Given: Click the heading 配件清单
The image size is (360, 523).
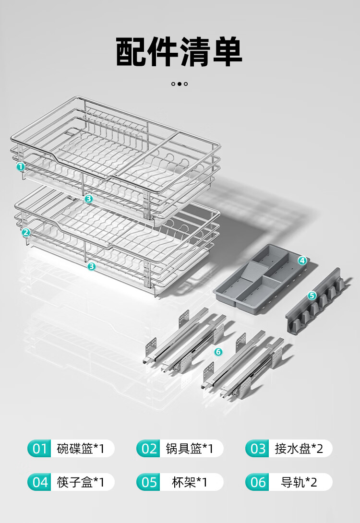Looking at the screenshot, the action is pos(179,52).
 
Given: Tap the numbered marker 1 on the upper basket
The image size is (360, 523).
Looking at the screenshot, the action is pos(21,166).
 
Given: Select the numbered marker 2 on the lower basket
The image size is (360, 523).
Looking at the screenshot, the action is pos(26,233).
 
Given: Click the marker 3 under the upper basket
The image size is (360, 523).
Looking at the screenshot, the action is pos(88,199).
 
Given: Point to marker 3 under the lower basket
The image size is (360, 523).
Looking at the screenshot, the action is pos(92,266).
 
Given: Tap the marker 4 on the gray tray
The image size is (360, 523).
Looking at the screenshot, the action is pos(302,261).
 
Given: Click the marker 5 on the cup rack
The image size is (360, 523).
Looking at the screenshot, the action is pos(312,296).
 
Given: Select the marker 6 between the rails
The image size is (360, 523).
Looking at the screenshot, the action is pos(218,352).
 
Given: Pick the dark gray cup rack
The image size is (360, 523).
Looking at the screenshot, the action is pos(315,302).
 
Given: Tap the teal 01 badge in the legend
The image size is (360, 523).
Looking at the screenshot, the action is pos(39,449).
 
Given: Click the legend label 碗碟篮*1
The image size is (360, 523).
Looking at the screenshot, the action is pos(81,449).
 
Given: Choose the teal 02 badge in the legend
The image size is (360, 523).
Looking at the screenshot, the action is pos(148,449).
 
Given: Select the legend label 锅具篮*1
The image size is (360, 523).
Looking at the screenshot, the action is pos(190,449).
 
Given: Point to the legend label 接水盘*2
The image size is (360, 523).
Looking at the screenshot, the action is pos(299,449).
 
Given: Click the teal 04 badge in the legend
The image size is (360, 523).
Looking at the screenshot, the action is pos(39,482).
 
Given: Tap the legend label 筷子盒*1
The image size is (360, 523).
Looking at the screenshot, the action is pos(81,482).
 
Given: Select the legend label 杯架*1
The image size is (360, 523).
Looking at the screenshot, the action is pos(190,482).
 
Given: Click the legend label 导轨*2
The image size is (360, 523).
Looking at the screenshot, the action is pos(299,482).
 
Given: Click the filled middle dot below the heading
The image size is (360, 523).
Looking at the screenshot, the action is pos(179,83).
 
